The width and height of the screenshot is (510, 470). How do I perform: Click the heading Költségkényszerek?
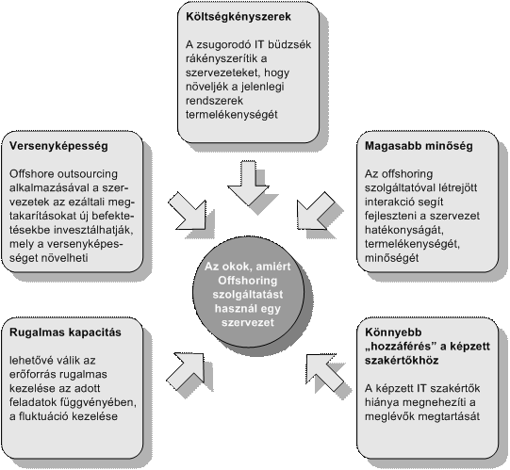(239, 17)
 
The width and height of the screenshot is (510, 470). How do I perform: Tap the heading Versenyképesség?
(58, 146)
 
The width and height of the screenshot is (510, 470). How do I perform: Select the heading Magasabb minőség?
(419, 146)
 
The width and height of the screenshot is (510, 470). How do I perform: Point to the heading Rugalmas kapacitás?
(65, 332)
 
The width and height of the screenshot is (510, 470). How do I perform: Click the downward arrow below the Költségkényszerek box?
(248, 183)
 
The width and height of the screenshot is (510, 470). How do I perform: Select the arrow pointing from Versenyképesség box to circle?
(189, 211)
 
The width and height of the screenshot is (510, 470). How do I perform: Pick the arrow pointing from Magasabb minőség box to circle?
(315, 211)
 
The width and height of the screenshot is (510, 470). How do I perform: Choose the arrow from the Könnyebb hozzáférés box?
(324, 372)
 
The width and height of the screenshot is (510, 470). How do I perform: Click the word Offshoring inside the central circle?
(248, 281)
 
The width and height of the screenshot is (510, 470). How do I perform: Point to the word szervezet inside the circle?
(248, 322)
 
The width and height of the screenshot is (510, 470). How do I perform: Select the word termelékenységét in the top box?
(232, 115)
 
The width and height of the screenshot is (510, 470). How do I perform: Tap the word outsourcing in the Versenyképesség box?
(87, 174)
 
